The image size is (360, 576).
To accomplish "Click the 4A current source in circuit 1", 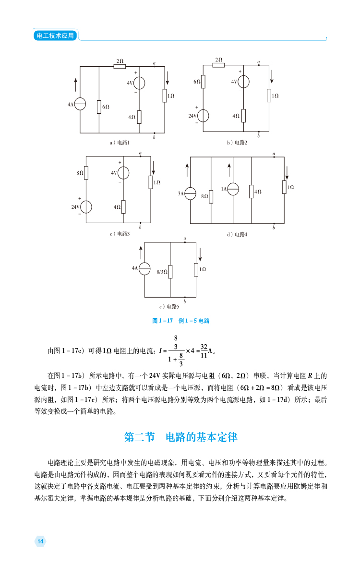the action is click(x=80, y=104).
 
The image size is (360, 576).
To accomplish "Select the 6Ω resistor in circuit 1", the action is click(x=99, y=107).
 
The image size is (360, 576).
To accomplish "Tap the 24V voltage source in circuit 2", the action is click(x=203, y=116).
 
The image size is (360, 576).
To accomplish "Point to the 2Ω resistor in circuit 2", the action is click(x=218, y=65).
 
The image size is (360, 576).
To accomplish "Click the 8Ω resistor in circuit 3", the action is click(x=86, y=173).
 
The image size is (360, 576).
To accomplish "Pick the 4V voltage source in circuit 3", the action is click(x=123, y=173).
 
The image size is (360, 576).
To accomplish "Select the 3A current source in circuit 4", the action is click(x=190, y=193).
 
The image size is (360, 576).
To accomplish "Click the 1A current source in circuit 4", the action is click(x=233, y=189).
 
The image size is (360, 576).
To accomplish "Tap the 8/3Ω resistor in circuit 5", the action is click(x=170, y=272).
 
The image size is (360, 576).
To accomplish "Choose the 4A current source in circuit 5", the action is click(x=144, y=269).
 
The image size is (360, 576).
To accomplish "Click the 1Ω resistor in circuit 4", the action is click(x=284, y=187).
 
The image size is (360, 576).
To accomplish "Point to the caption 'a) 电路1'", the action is click(x=120, y=143).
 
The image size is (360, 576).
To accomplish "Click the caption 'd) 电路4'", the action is click(x=237, y=235).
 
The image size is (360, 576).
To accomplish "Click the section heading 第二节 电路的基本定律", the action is click(x=181, y=437).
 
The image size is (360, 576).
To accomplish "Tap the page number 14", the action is click(x=40, y=541).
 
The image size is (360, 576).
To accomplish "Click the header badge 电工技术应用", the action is click(x=55, y=36).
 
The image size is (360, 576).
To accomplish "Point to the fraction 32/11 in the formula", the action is click(x=204, y=351).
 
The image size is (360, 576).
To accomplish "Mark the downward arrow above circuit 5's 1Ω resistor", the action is click(x=200, y=254).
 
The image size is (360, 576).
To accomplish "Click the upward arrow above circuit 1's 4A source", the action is click(x=76, y=85).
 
